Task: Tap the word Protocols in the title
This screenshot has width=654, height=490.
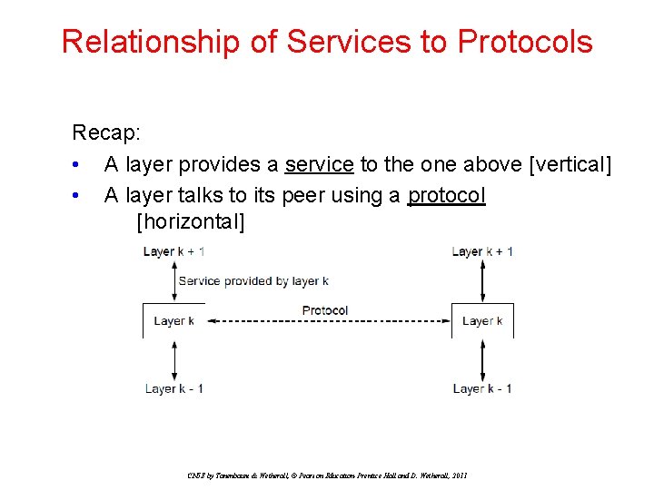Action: point(525,41)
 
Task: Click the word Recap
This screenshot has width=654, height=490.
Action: point(106,132)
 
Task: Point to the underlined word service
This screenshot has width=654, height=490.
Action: point(319,164)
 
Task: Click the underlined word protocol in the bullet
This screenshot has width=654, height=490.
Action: point(447,195)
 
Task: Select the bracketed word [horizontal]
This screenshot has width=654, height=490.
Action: point(191,221)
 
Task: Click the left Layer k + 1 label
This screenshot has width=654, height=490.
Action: point(173,251)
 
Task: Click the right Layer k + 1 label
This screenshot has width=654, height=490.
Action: point(482,251)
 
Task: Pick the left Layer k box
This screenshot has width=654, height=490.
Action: point(173,321)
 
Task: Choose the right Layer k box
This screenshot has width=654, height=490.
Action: point(482,321)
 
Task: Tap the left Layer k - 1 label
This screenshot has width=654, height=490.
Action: point(173,388)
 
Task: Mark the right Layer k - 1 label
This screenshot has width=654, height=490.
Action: point(482,388)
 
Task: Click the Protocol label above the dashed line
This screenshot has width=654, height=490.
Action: point(325,310)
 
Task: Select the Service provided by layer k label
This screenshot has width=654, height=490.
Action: point(253,280)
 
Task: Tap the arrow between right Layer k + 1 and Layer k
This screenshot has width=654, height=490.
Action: point(482,281)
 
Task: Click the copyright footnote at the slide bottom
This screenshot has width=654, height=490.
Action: point(327,475)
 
